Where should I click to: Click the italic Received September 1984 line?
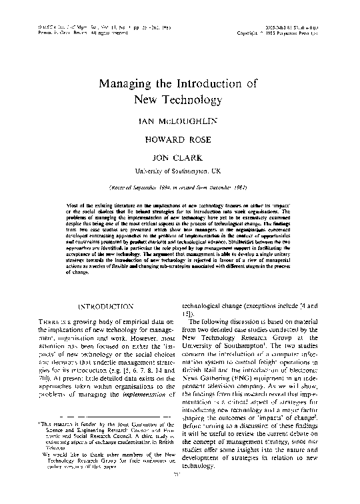(x=179, y=187)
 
